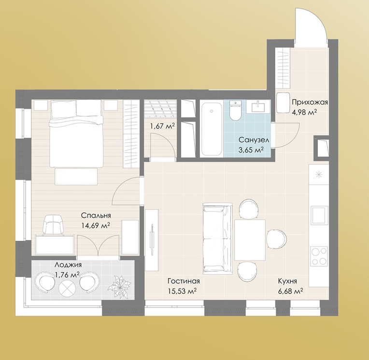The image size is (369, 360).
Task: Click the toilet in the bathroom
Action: click(235, 111)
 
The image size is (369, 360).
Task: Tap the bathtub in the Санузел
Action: click(212, 128)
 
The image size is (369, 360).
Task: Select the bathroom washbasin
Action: click(258, 106)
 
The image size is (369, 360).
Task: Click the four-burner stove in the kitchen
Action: click(319, 256)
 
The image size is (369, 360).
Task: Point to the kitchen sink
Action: click(319, 215)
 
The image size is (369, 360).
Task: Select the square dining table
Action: click(250, 240)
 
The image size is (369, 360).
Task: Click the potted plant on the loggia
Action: click(120, 286)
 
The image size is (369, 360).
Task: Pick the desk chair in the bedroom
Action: click(53, 225)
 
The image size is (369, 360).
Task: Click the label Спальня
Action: click(96, 215)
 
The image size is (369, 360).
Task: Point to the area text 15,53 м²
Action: click(183, 291)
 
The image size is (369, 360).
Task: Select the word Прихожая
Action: click(310, 102)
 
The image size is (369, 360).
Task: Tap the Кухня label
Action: click(287, 281)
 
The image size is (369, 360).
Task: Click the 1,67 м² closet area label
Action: click(162, 126)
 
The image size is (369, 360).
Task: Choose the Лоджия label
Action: click(68, 265)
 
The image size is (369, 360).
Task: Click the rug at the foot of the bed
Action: click(76, 176)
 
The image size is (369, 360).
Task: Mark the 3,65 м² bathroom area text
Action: click(251, 150)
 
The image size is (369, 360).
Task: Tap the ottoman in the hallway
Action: click(283, 102)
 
